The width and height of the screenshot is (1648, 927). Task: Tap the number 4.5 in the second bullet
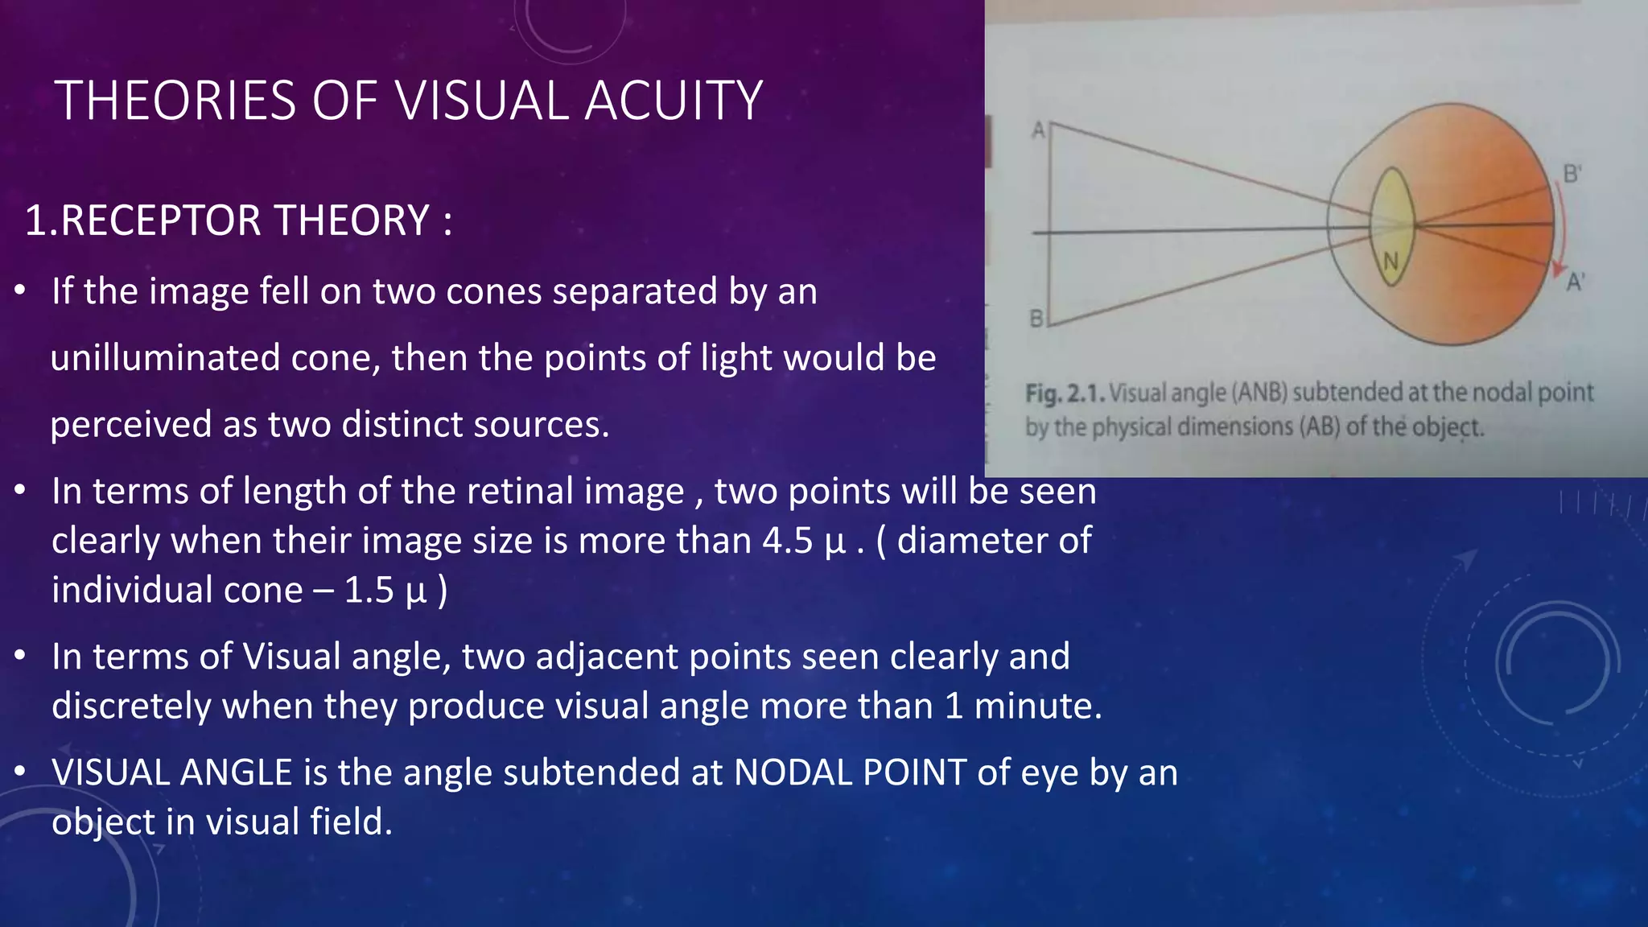[x=787, y=540]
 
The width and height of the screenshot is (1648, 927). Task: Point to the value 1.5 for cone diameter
[x=369, y=590]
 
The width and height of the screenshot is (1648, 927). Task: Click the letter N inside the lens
[x=1391, y=262]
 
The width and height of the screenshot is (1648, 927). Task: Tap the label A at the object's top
[x=1039, y=130]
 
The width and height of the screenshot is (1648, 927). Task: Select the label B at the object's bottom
[x=1037, y=319]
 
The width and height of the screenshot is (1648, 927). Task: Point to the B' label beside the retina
[x=1572, y=174]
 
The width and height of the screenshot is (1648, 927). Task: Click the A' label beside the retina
[x=1575, y=282]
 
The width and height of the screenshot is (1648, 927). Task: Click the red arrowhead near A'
[x=1559, y=270]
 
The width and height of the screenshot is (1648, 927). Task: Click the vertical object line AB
[x=1049, y=225]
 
